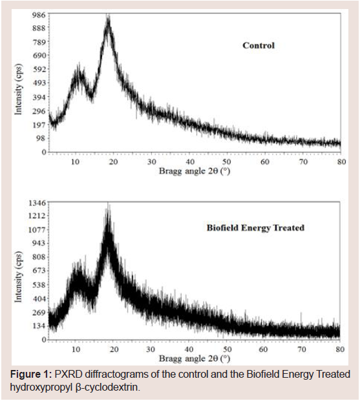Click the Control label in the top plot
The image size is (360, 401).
click(x=259, y=45)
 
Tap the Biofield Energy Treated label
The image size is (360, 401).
click(x=255, y=227)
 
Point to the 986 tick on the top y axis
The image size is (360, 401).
click(x=39, y=15)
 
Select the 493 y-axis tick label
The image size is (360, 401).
click(x=39, y=83)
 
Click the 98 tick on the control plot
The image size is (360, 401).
click(x=41, y=138)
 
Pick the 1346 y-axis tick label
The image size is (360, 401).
click(x=36, y=203)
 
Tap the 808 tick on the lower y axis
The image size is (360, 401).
click(x=39, y=257)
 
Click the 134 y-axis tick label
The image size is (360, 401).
click(x=39, y=326)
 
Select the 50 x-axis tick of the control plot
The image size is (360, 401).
click(x=227, y=162)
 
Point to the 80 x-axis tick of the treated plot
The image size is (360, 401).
click(x=340, y=349)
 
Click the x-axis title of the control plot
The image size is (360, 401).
click(x=195, y=171)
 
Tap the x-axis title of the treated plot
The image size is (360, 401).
click(x=195, y=358)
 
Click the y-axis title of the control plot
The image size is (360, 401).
click(x=18, y=89)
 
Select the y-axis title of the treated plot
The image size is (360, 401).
click(x=18, y=277)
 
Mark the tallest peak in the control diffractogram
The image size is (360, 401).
click(x=109, y=17)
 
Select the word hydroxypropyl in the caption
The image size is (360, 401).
click(x=41, y=387)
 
